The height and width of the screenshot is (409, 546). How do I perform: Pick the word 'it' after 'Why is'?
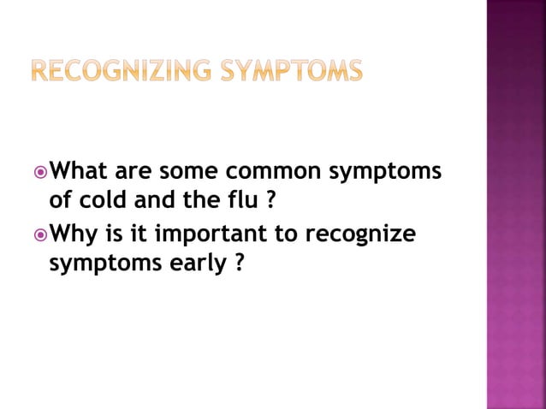click(x=141, y=233)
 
